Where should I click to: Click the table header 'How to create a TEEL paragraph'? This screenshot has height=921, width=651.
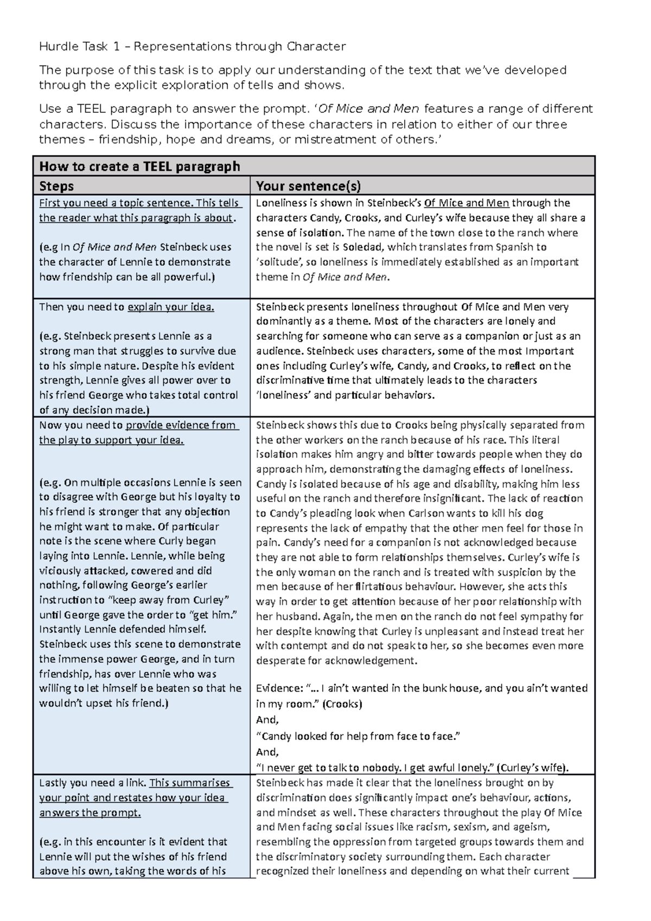[x=139, y=166]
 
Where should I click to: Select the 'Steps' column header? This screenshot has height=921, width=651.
[x=56, y=187]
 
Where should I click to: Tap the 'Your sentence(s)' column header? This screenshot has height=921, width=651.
[x=308, y=187]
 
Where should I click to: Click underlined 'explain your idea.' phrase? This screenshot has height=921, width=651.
[x=171, y=307]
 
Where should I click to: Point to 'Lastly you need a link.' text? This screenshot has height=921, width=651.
[x=93, y=783]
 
